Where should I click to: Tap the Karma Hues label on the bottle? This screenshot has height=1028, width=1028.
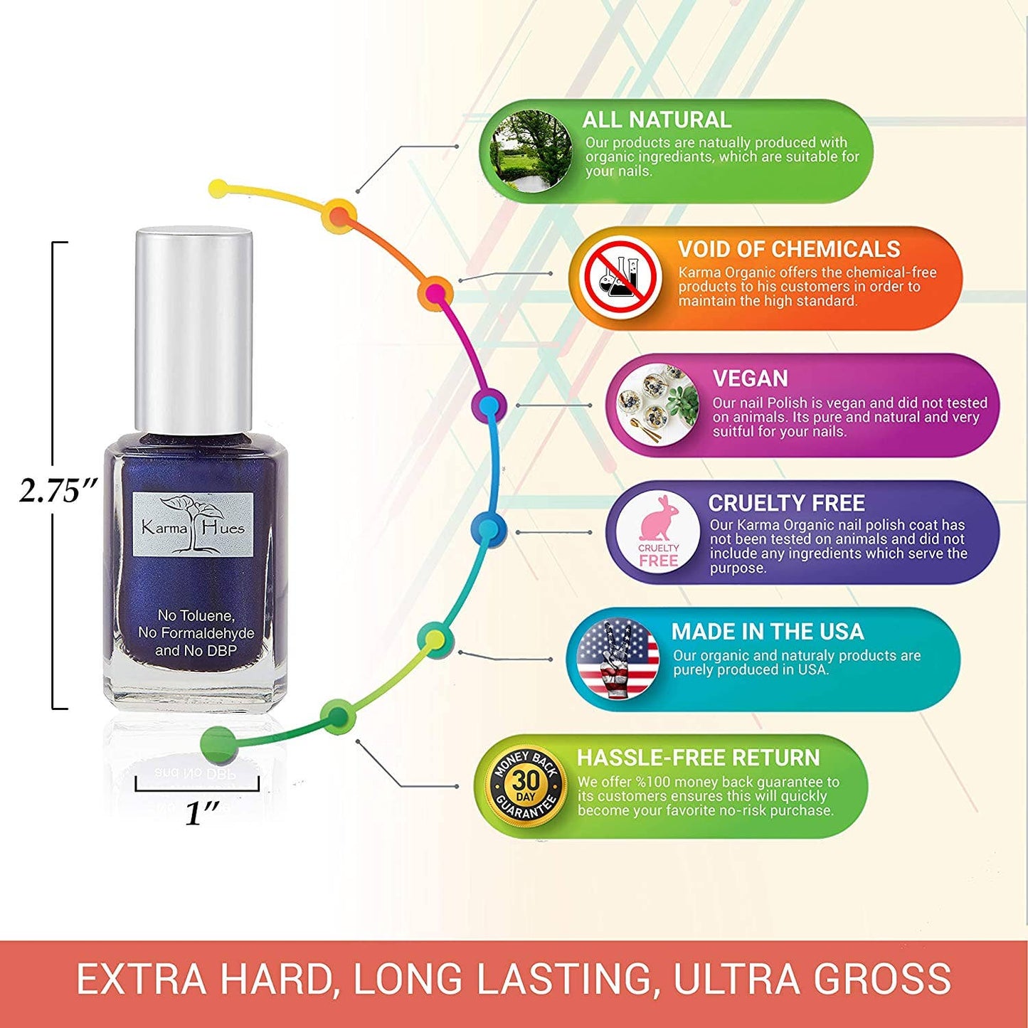click(193, 525)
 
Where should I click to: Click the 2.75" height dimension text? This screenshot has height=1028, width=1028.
click(58, 490)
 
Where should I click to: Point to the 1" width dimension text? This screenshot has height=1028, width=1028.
click(201, 812)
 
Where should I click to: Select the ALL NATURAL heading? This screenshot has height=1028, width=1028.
click(656, 120)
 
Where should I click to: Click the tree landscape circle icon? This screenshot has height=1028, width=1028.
click(531, 151)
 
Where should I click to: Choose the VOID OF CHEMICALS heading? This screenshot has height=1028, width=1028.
click(788, 249)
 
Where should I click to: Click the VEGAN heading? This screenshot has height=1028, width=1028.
click(750, 378)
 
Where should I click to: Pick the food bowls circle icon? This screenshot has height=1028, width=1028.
click(657, 405)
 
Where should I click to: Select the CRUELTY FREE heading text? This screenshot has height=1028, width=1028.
click(786, 503)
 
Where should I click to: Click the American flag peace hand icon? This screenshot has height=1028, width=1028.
click(618, 658)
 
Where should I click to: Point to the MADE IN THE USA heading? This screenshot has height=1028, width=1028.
click(767, 631)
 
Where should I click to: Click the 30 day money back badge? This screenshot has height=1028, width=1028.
click(526, 785)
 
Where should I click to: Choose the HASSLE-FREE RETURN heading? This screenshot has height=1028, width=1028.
click(698, 758)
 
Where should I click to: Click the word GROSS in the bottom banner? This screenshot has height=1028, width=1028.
click(883, 979)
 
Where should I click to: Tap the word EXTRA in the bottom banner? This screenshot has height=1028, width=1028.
click(142, 979)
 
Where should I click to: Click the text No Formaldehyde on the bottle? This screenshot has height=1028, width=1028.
click(196, 632)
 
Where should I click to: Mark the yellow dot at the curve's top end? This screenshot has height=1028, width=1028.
click(219, 189)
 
